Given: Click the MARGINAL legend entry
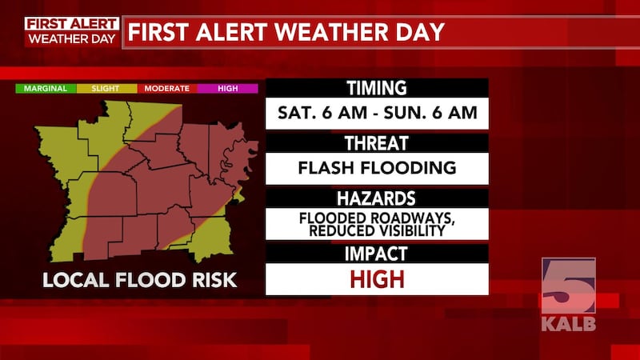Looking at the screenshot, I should pyautogui.click(x=45, y=88).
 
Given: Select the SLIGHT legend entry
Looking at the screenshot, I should pyautogui.click(x=106, y=88).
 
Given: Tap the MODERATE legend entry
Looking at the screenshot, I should pyautogui.click(x=166, y=88).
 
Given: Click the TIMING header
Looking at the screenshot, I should pyautogui.click(x=376, y=89).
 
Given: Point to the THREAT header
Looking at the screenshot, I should pyautogui.click(x=376, y=144).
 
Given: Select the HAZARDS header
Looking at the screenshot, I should pyautogui.click(x=376, y=198).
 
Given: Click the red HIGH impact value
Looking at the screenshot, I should pyautogui.click(x=376, y=279).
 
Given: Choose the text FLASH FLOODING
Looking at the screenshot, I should pyautogui.click(x=376, y=168).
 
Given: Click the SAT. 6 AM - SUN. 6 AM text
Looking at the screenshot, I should pyautogui.click(x=376, y=113).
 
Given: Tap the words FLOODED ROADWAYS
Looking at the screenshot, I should pyautogui.click(x=376, y=217).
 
